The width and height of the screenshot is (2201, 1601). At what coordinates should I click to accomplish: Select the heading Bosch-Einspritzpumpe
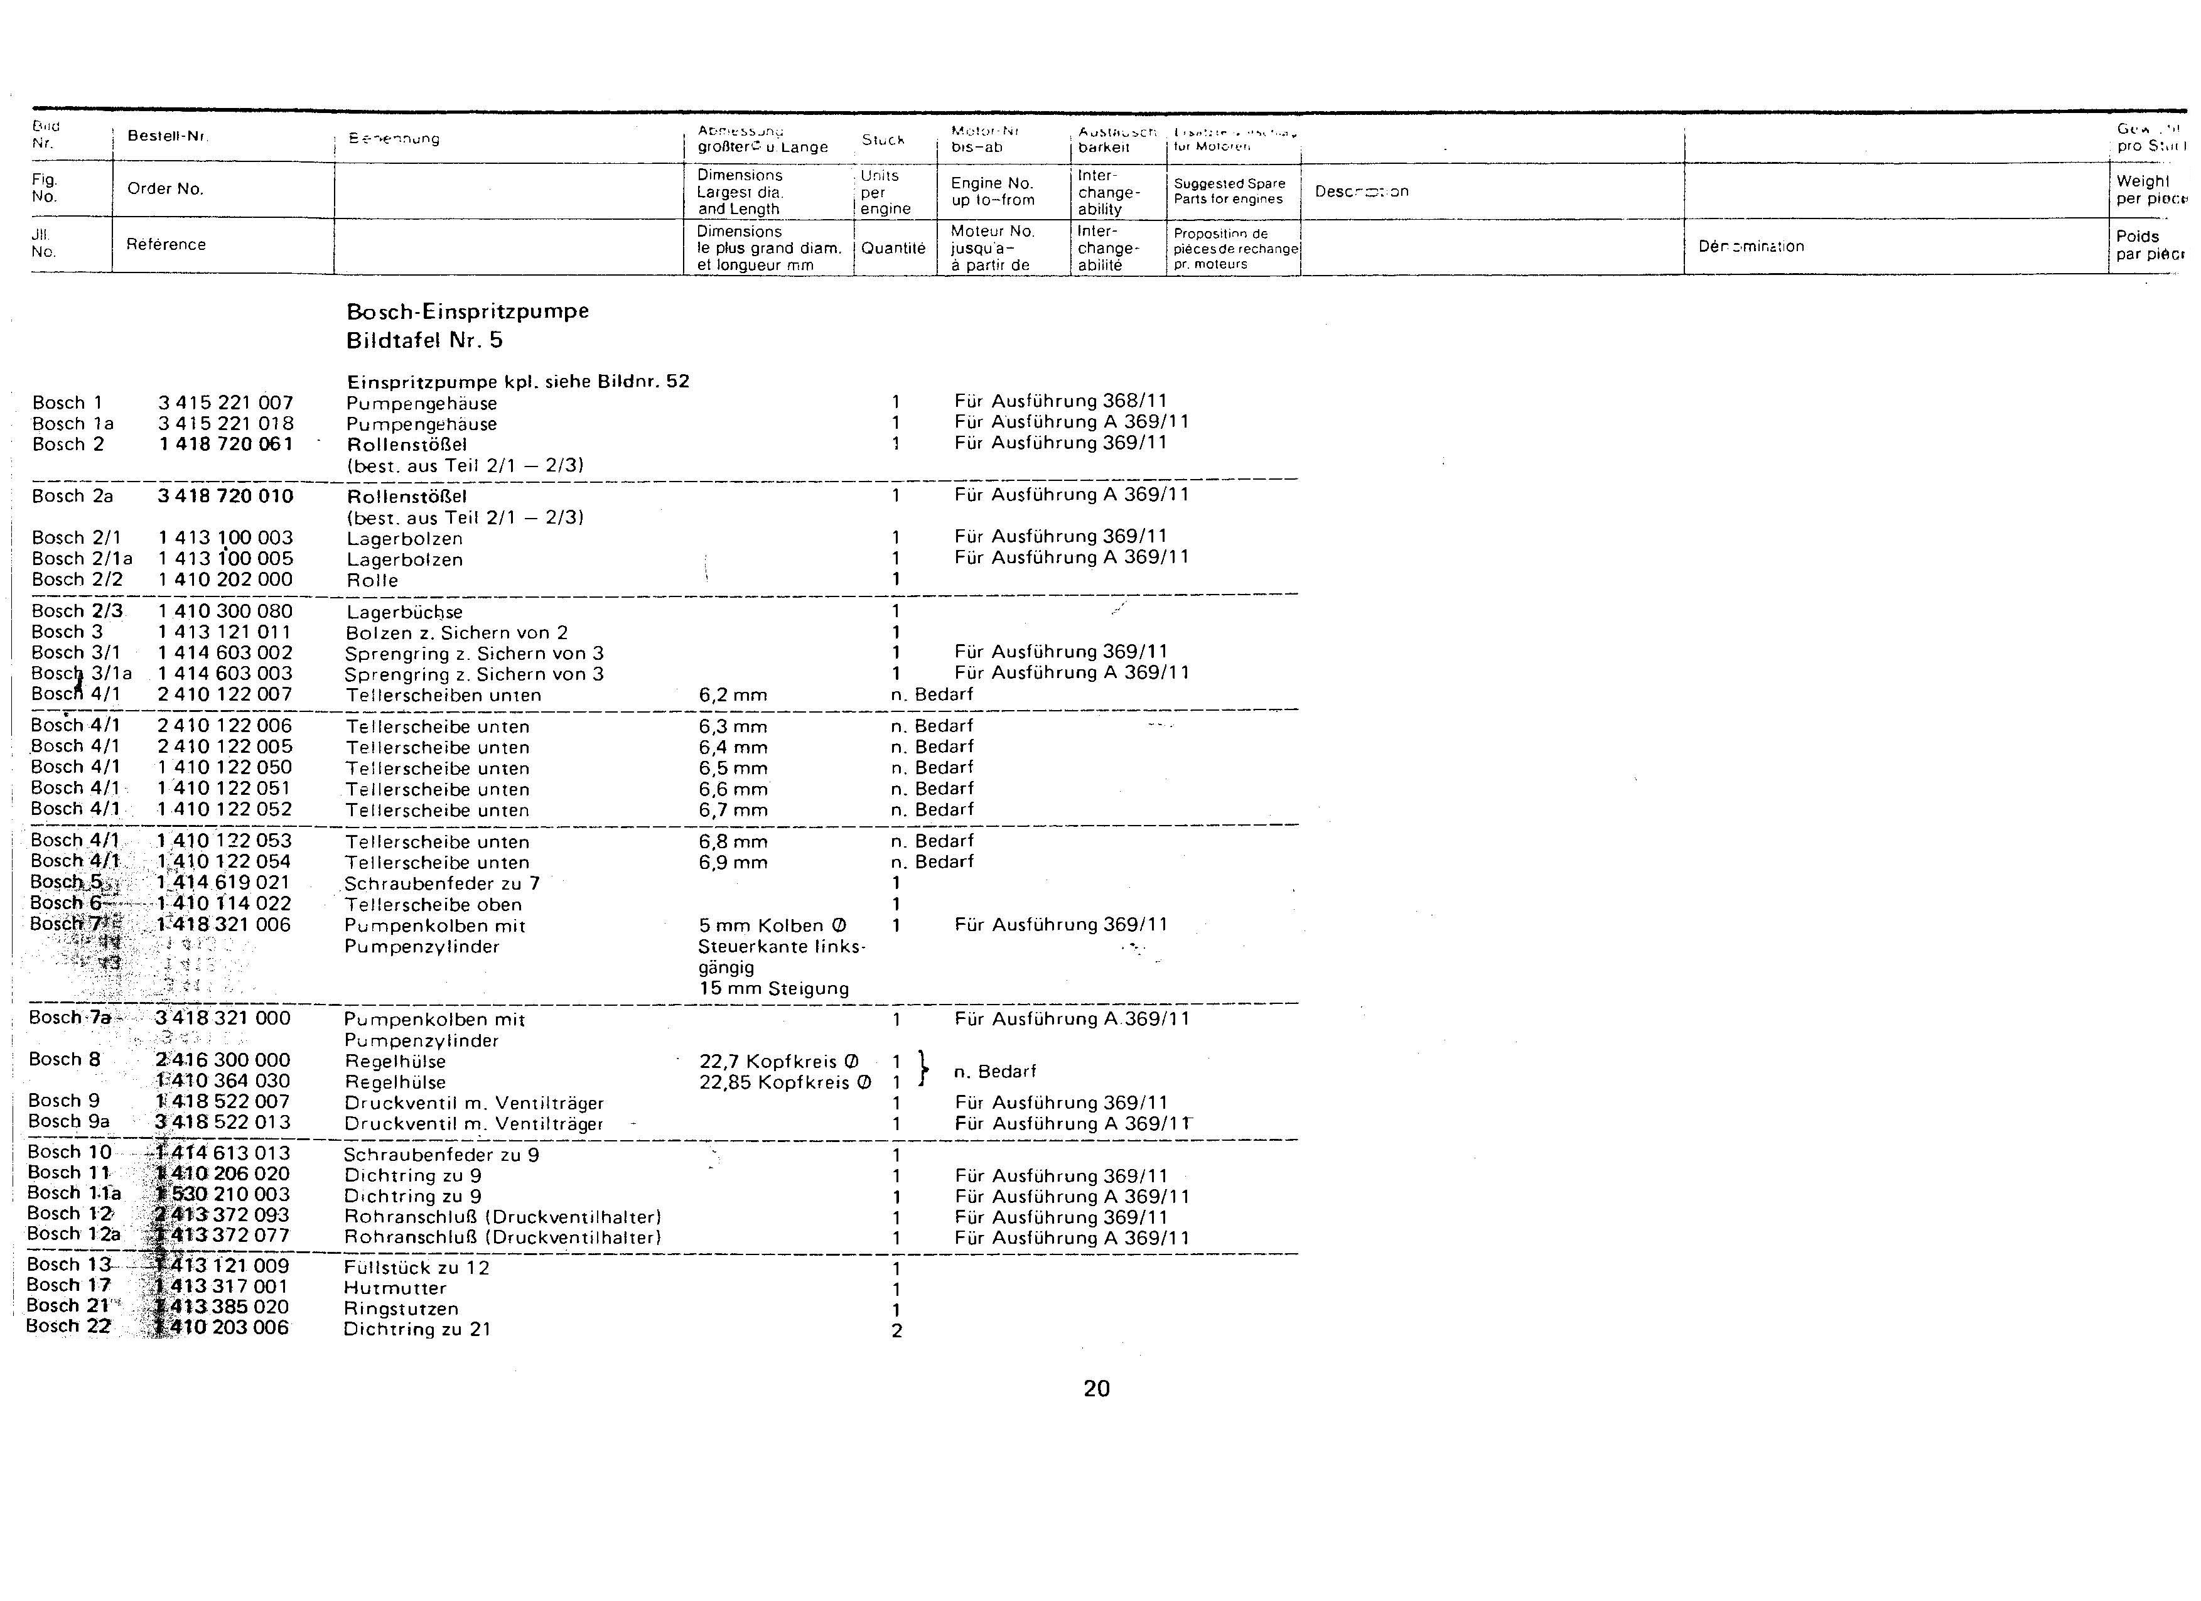click(x=468, y=311)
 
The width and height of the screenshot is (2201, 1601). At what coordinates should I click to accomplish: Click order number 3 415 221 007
click(x=225, y=402)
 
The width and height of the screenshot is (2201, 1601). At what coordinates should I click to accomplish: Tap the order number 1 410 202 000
click(x=225, y=579)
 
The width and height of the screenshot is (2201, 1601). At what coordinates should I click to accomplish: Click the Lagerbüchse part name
click(x=405, y=612)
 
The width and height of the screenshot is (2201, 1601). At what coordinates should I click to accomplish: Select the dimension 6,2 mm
click(x=733, y=695)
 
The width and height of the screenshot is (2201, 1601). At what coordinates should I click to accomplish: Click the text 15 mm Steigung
click(x=773, y=989)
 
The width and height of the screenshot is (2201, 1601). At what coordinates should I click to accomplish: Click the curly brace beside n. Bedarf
click(x=923, y=1070)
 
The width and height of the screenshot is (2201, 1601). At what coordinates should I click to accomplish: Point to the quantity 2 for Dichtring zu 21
click(x=896, y=1330)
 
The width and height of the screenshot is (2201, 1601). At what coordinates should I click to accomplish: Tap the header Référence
click(x=166, y=244)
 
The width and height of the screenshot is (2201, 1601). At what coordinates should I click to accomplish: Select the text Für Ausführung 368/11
click(x=1061, y=401)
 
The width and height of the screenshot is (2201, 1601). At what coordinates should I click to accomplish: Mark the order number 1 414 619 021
click(x=223, y=882)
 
